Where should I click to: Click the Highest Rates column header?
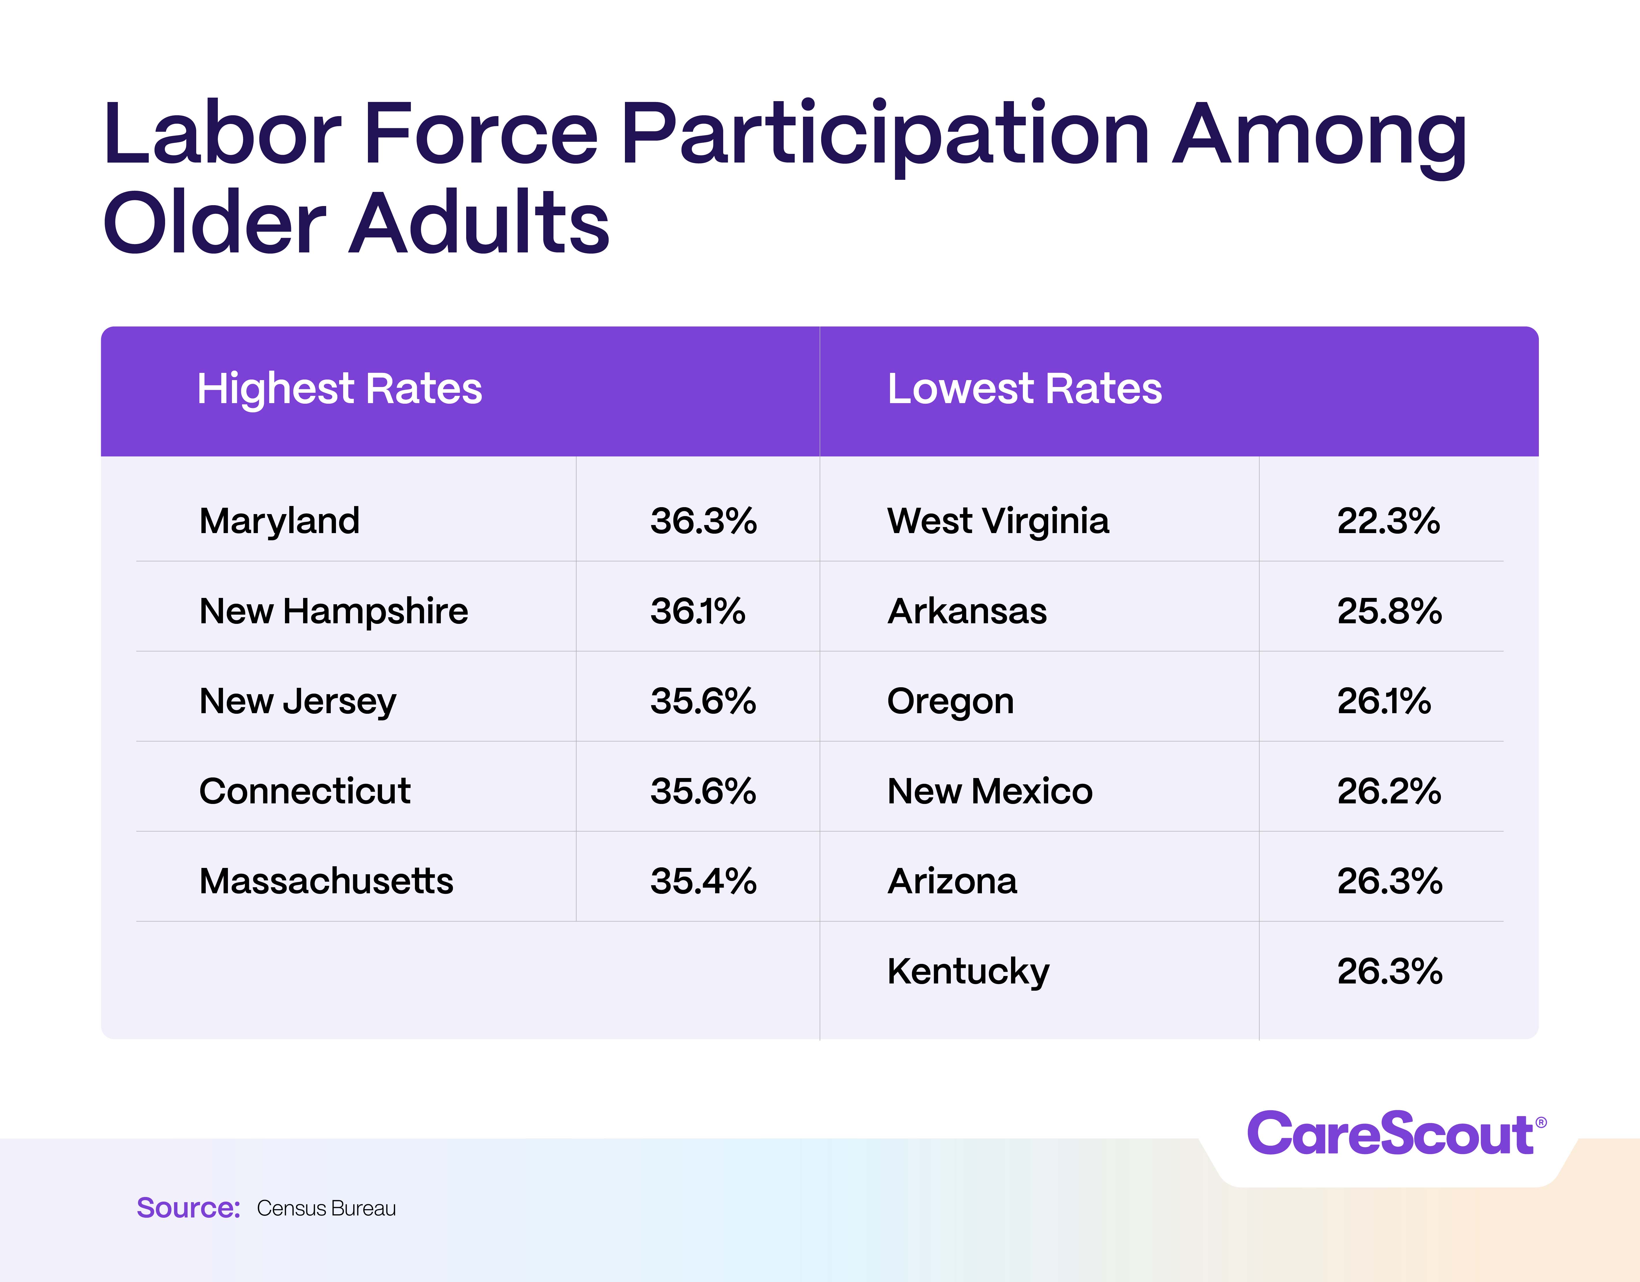coord(339,389)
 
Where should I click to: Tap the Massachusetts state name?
coord(326,881)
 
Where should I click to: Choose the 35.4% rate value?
coord(704,881)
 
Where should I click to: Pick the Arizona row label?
coord(952,881)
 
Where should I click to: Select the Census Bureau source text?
coord(326,1209)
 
